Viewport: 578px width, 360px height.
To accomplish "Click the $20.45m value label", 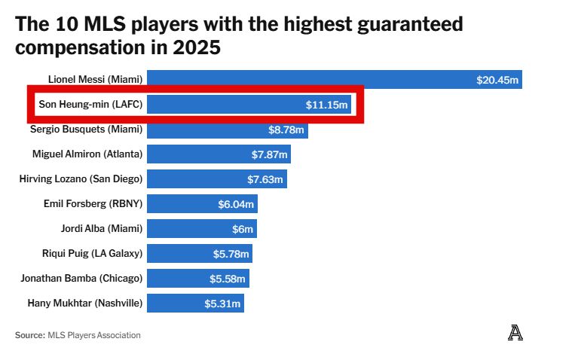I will (497, 80).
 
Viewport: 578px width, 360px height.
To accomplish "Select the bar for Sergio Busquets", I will (227, 130).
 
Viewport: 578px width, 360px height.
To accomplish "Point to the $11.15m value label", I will (326, 105).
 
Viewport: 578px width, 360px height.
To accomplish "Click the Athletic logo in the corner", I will (515, 332).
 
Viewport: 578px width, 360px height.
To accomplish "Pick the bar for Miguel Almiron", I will (219, 154).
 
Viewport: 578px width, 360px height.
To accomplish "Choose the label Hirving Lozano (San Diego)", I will (81, 179).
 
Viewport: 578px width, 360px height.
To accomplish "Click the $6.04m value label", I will (235, 204).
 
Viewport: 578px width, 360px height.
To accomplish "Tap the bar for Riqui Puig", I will (199, 254).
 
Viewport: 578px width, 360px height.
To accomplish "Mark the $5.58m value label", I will (228, 279).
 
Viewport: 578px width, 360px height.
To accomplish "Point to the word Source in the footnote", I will (29, 335).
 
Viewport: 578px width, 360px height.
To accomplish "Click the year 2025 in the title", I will (197, 47).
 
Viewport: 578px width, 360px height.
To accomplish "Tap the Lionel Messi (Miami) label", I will (95, 80).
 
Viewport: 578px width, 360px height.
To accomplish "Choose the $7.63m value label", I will (265, 179).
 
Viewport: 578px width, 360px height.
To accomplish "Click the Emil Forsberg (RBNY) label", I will (93, 204).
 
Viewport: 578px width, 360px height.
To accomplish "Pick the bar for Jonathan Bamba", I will (197, 279).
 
